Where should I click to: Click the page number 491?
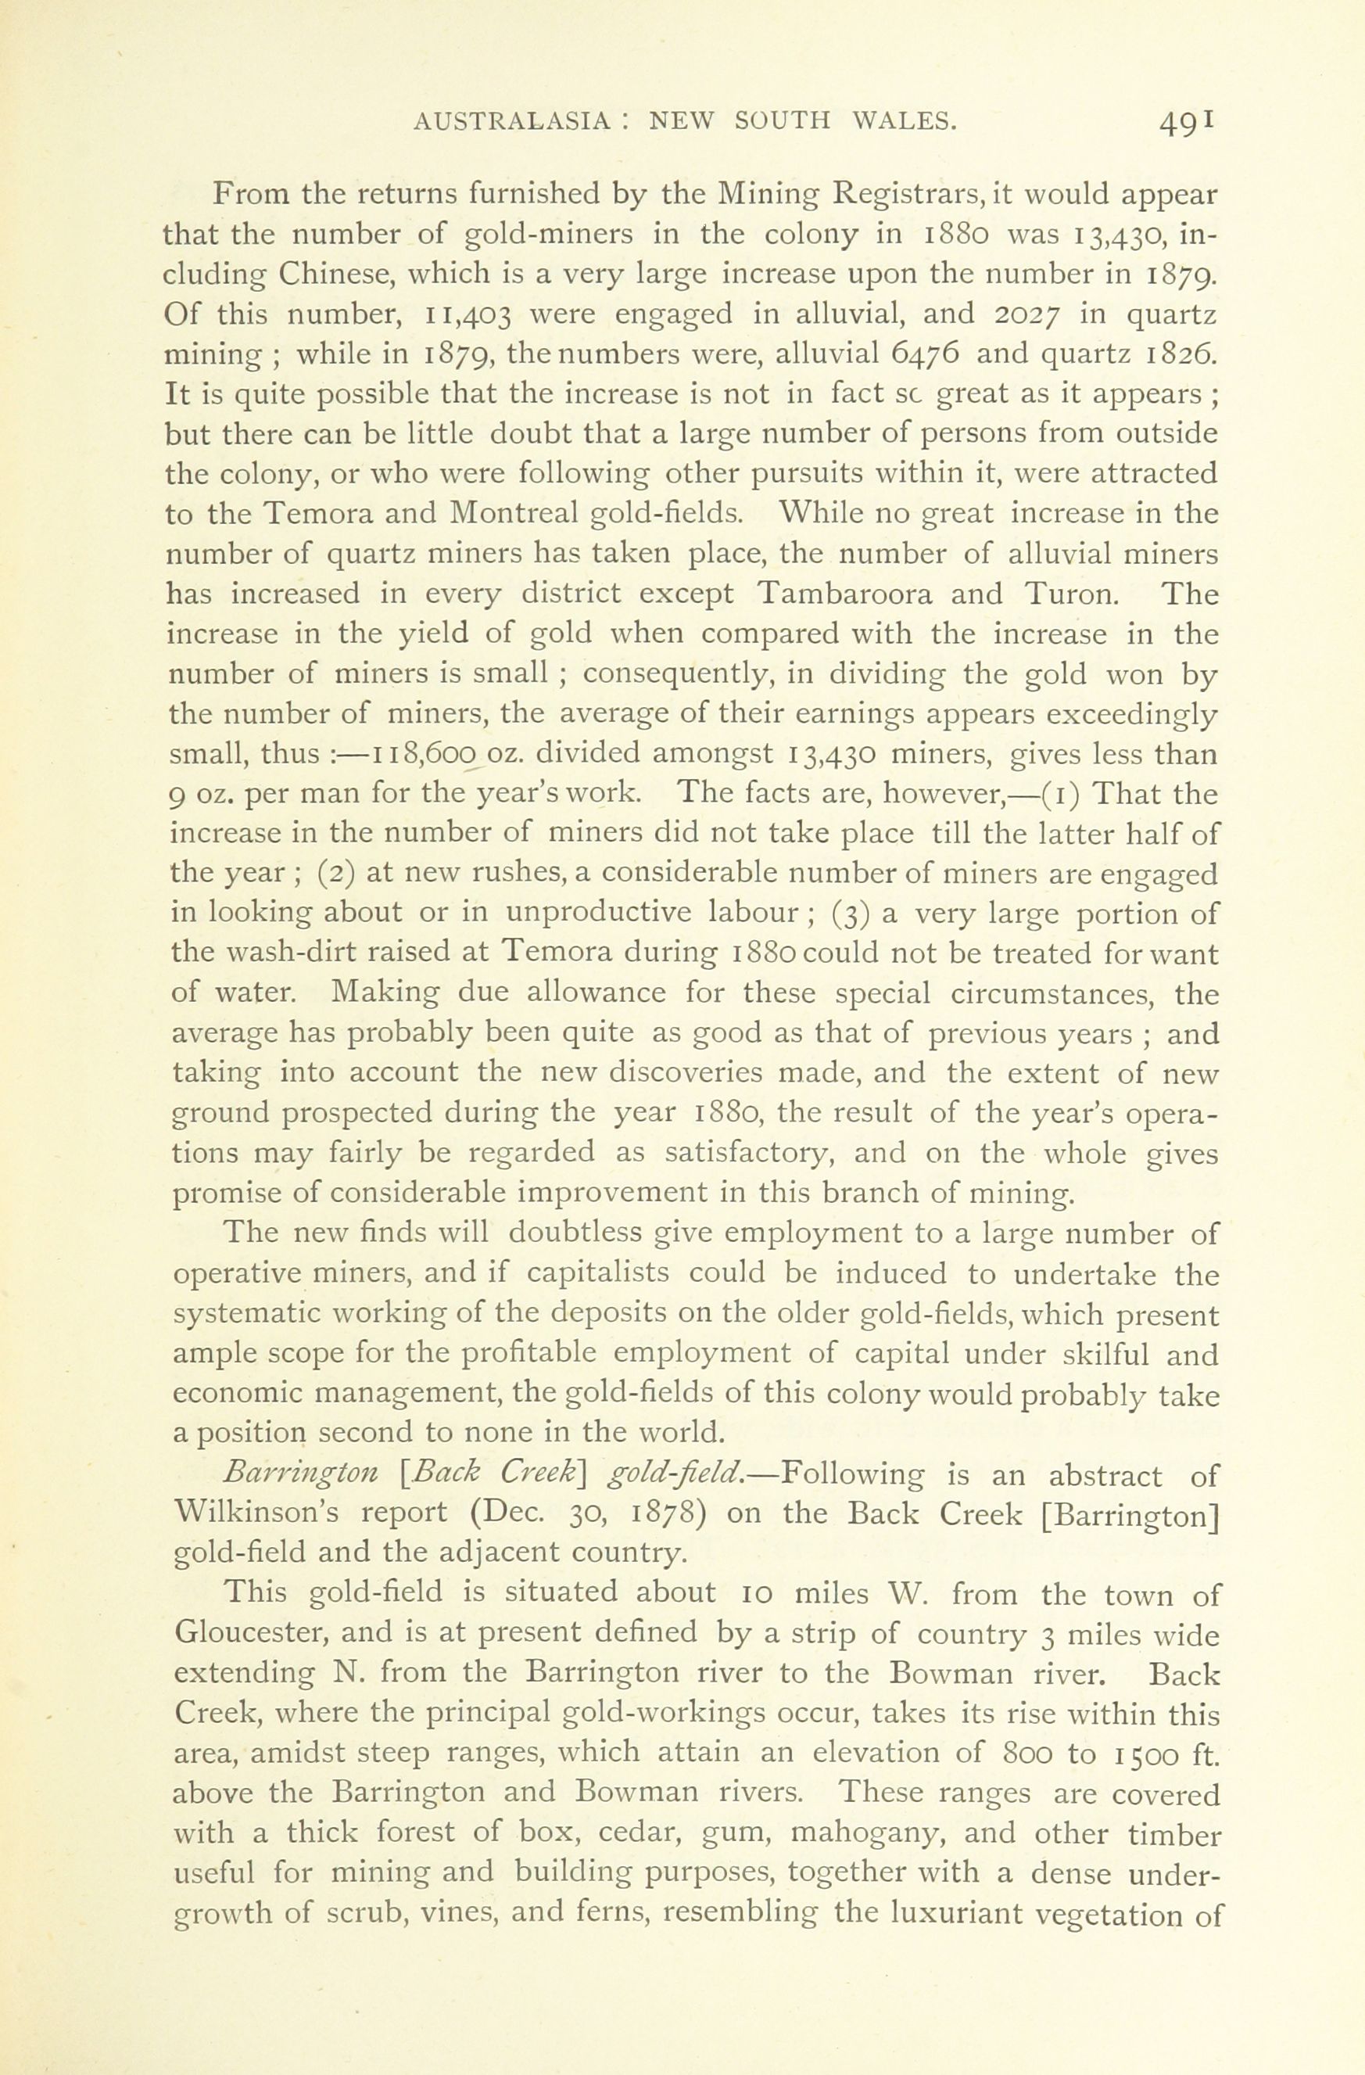pyautogui.click(x=1186, y=123)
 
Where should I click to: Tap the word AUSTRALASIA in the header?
pyautogui.click(x=511, y=121)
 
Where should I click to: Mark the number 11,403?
pyautogui.click(x=469, y=314)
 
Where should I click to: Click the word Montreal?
pyautogui.click(x=514, y=514)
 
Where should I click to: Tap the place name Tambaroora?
pyautogui.click(x=844, y=594)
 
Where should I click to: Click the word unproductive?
pyautogui.click(x=598, y=913)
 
